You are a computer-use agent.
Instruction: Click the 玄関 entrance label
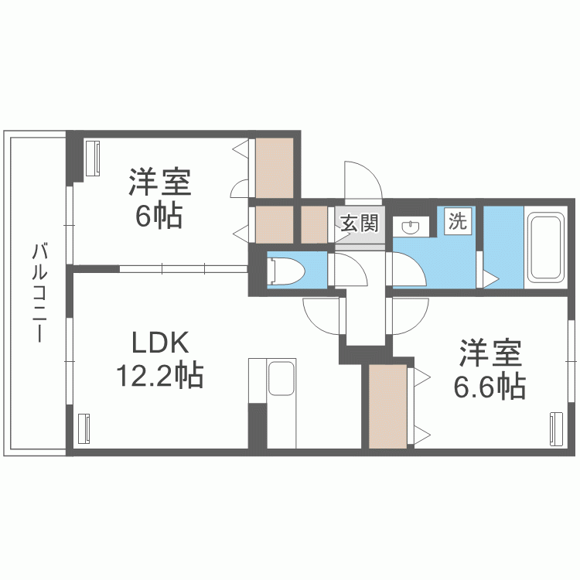[359, 223]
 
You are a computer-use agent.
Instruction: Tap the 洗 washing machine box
[458, 221]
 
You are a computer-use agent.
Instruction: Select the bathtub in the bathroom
[546, 247]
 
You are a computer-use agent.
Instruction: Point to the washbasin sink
[411, 227]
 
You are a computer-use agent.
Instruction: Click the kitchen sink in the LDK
[281, 378]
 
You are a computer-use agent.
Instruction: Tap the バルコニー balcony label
[39, 292]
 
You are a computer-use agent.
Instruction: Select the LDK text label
[161, 343]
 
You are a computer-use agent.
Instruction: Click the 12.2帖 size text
[160, 375]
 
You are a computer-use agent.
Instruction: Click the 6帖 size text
[159, 216]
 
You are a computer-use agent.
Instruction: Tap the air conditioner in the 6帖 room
[93, 158]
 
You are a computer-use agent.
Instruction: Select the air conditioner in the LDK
[84, 428]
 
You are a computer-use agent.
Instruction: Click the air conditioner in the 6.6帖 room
[556, 429]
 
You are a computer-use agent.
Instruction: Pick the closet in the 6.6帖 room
[387, 406]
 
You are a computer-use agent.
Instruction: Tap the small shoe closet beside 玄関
[314, 224]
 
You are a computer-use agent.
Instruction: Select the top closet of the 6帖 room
[275, 168]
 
